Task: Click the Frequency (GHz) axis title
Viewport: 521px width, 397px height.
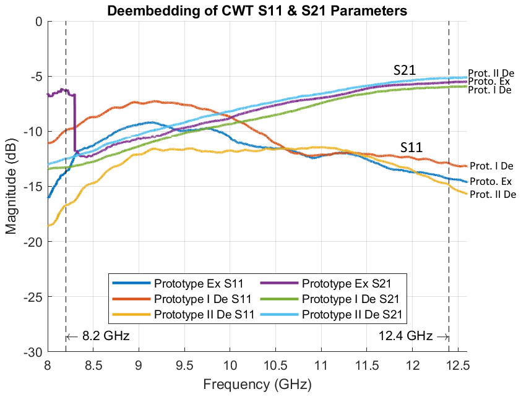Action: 257,385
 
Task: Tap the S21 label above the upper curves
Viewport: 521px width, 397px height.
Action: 405,70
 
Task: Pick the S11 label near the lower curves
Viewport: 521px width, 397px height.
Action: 411,147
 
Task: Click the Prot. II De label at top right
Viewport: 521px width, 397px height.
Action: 491,73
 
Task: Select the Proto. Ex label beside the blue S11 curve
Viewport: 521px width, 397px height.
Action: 490,182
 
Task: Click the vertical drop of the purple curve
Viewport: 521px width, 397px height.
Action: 75,122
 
